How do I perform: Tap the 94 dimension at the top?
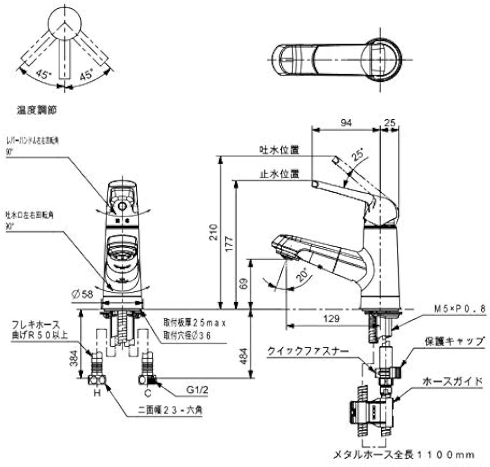coord(346,123)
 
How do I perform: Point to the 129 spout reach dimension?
coord(332,318)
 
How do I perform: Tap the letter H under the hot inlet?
coord(98,393)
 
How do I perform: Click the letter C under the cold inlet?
coord(146,393)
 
